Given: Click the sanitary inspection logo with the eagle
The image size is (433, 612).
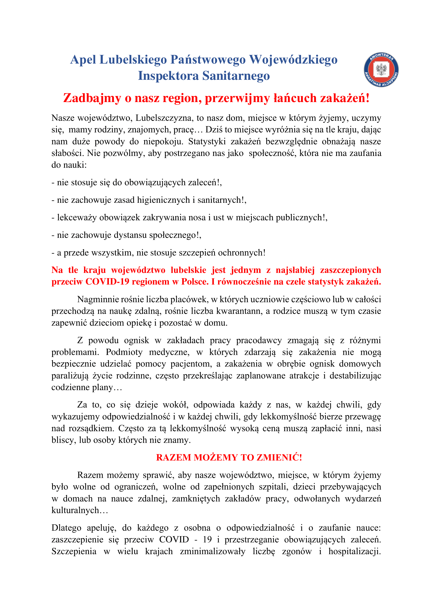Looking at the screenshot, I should [x=381, y=70].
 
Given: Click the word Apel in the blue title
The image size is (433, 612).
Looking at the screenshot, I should [x=83, y=60].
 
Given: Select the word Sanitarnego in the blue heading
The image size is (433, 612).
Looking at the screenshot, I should [x=236, y=76].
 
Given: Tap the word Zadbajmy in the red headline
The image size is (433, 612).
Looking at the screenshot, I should [x=92, y=98].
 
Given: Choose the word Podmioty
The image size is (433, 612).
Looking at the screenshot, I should [x=124, y=352].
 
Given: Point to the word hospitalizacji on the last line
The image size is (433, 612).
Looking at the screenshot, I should [x=354, y=551].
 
